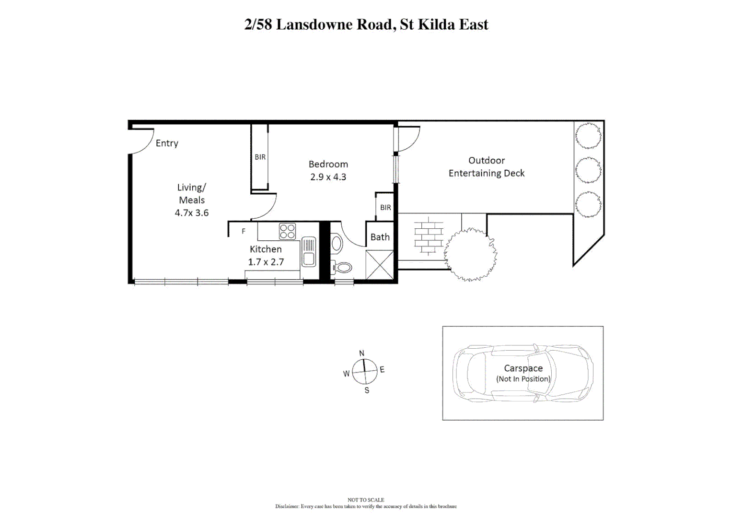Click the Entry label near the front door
[167, 143]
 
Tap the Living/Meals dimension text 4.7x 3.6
[191, 213]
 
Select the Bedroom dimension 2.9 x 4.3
[328, 177]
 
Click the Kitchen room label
[266, 249]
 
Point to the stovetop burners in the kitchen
[288, 231]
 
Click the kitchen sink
[308, 252]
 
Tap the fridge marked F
[244, 231]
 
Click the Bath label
[380, 237]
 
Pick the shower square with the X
[379, 265]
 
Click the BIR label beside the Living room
[260, 157]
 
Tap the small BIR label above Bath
[385, 208]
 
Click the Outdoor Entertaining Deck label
[486, 167]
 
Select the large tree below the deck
[470, 254]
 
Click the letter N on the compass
[362, 353]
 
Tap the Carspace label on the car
[523, 368]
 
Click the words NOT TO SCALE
[366, 500]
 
